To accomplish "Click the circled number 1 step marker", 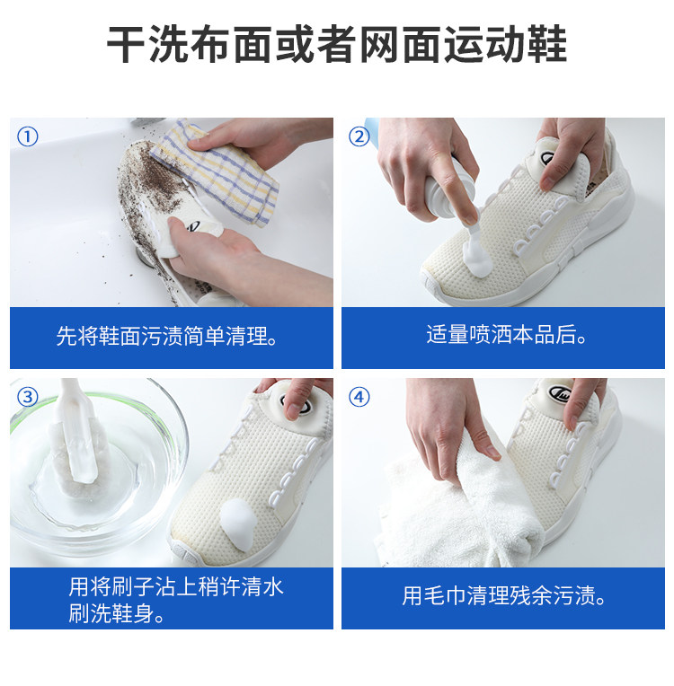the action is pyautogui.click(x=27, y=137).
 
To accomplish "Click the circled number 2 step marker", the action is pyautogui.click(x=359, y=137).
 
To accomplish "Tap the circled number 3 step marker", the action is pyautogui.click(x=27, y=397).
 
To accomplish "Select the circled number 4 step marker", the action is pyautogui.click(x=359, y=397).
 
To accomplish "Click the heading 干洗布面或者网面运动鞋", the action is pyautogui.click(x=337, y=44).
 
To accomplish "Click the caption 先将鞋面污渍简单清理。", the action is pyautogui.click(x=168, y=336).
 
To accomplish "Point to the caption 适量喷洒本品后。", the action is pyautogui.click(x=507, y=334).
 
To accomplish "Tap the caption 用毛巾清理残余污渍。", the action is pyautogui.click(x=504, y=595).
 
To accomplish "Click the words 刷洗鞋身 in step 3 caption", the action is pyautogui.click(x=111, y=613).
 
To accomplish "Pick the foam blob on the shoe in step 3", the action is pyautogui.click(x=239, y=523).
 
